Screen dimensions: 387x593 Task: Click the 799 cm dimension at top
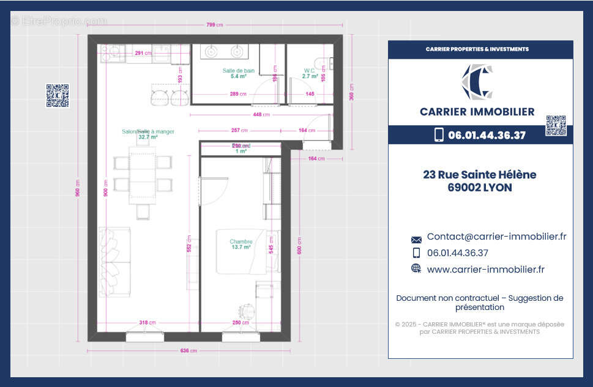(x=215, y=24)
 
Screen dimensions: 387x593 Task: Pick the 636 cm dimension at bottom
(x=189, y=351)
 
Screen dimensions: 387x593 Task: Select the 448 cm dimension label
(x=262, y=114)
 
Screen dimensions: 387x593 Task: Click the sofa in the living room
(x=115, y=262)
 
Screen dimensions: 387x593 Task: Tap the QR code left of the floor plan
(x=58, y=95)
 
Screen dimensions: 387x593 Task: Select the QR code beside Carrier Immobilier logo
(x=556, y=125)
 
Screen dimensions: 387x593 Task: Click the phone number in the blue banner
(x=487, y=135)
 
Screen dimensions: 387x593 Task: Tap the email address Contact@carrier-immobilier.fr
(x=496, y=237)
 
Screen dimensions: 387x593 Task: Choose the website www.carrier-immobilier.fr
(x=485, y=269)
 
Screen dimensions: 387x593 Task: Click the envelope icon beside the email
(x=416, y=240)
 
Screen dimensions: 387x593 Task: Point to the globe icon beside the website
(x=416, y=268)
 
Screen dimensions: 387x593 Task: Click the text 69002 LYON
(x=479, y=188)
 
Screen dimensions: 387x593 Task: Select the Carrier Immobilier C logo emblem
(x=477, y=82)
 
